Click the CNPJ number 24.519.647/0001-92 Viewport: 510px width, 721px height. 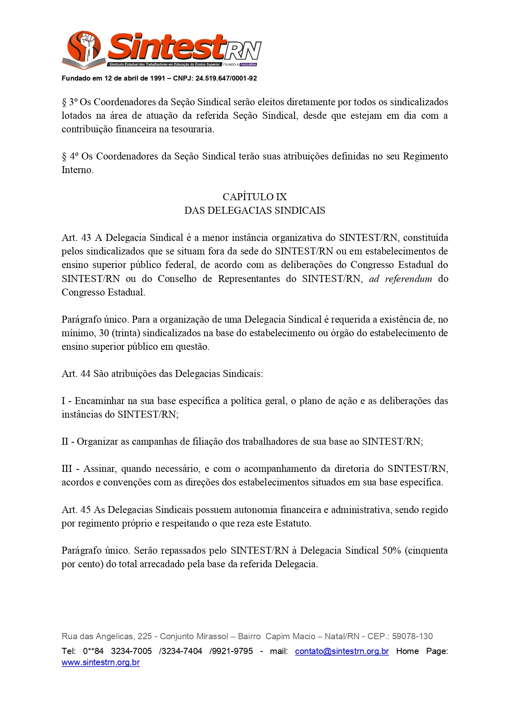tap(226, 78)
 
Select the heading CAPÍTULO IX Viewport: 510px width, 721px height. tap(254, 197)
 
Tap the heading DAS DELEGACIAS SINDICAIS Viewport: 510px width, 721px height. tap(254, 210)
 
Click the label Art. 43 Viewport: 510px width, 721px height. tap(76, 238)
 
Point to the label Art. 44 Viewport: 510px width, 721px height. tap(76, 374)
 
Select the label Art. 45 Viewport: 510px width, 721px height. tap(76, 510)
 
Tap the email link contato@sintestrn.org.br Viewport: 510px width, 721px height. tap(342, 651)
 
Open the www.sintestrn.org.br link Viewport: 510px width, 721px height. tap(101, 662)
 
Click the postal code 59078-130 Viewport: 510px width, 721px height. tap(412, 636)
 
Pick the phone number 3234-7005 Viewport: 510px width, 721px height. tap(131, 651)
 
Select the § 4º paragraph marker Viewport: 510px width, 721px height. tap(69, 156)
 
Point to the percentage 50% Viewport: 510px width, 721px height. tap(391, 550)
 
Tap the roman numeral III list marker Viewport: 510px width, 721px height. tap(67, 469)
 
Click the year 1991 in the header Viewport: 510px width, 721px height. tap(157, 78)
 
